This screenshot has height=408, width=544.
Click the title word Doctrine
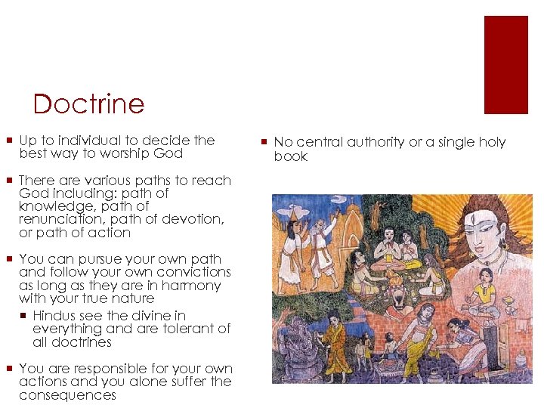pyautogui.click(x=88, y=104)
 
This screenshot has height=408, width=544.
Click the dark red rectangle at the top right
pyautogui.click(x=505, y=65)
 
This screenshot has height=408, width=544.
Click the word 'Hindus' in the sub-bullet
pyautogui.click(x=54, y=315)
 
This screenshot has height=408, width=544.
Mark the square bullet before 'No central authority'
pyautogui.click(x=264, y=142)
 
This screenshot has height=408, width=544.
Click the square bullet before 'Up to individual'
pyautogui.click(x=8, y=141)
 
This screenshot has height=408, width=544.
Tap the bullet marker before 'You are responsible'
pyautogui.click(x=8, y=369)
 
